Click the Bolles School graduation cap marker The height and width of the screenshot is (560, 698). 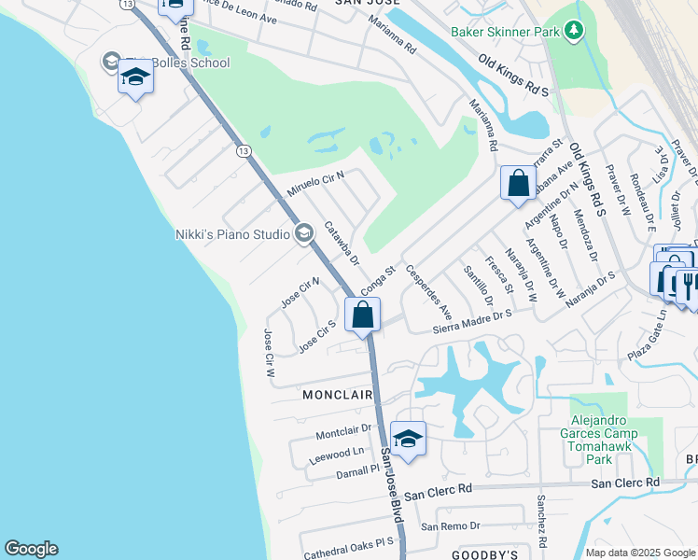pyautogui.click(x=135, y=78)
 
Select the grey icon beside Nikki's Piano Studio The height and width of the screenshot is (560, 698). pyautogui.click(x=303, y=233)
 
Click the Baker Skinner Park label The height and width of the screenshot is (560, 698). pyautogui.click(x=504, y=32)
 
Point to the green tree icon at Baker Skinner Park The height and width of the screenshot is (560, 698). pyautogui.click(x=574, y=32)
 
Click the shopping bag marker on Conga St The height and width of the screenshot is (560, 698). pyautogui.click(x=363, y=316)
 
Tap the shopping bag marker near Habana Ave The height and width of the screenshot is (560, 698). pyautogui.click(x=518, y=183)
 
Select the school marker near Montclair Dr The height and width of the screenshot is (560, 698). pyautogui.click(x=408, y=439)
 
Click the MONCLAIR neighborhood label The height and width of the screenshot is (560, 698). pyautogui.click(x=338, y=395)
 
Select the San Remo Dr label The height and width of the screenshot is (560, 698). pyautogui.click(x=450, y=526)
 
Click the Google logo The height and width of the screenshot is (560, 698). pyautogui.click(x=31, y=549)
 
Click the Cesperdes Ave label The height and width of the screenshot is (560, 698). pyautogui.click(x=434, y=298)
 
